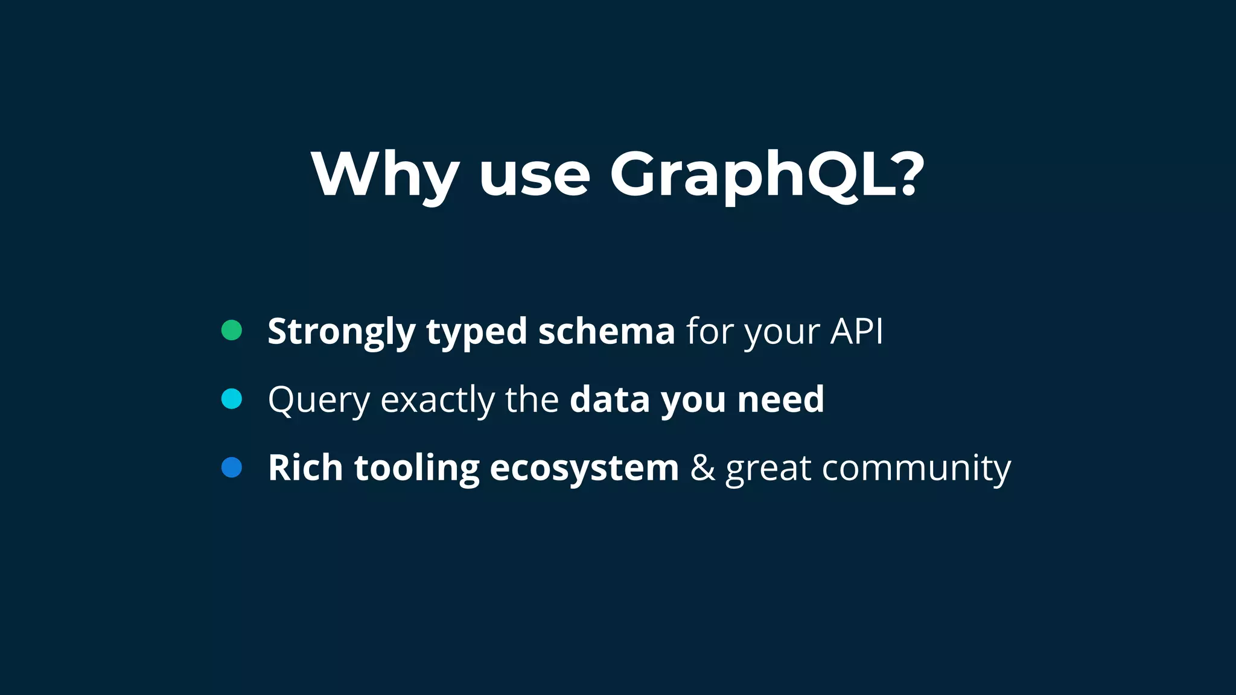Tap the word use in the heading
point(534,175)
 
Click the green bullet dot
point(232,330)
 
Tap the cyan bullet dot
point(232,399)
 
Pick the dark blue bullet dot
point(232,468)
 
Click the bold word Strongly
point(342,332)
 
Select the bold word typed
point(477,332)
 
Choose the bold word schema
point(607,331)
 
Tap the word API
point(856,331)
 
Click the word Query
point(319,400)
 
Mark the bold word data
point(610,399)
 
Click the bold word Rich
point(305,468)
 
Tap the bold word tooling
point(416,468)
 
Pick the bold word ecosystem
point(584,468)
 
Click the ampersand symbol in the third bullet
point(702,468)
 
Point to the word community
point(916,468)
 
